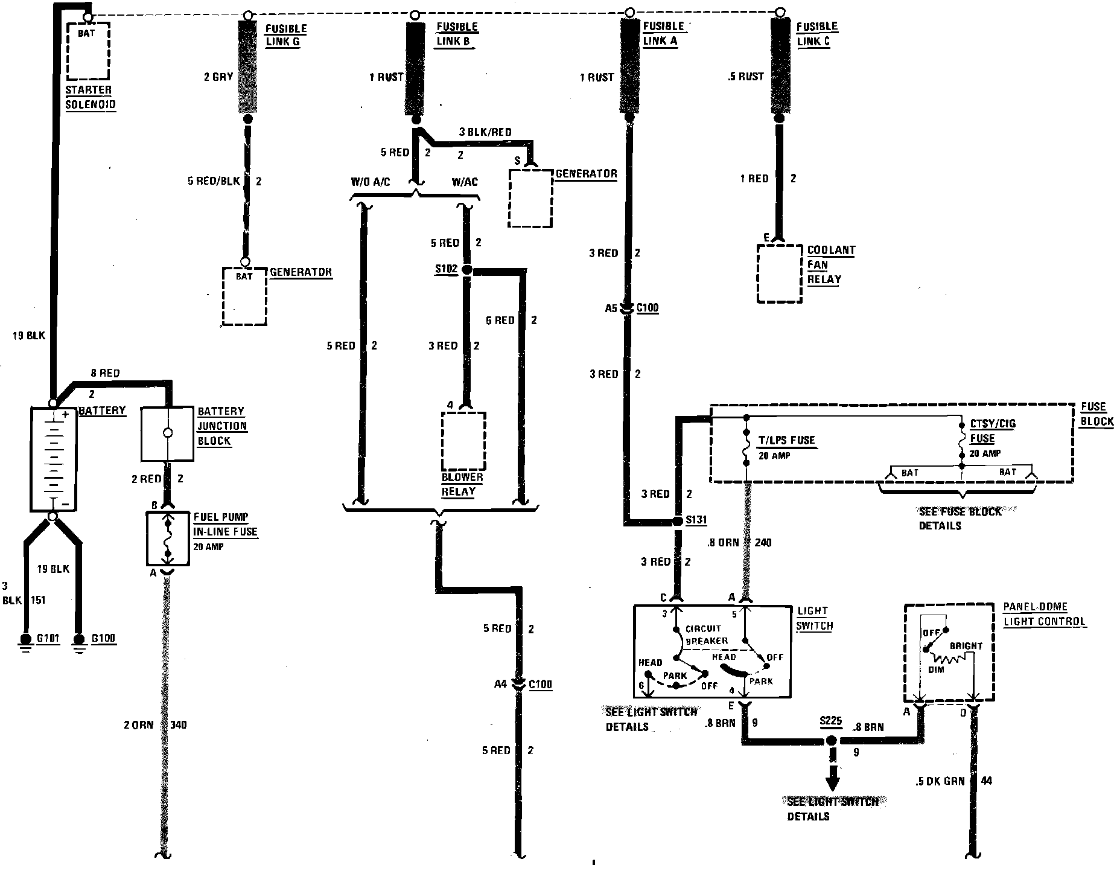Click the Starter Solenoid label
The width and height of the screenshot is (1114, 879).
coord(90,97)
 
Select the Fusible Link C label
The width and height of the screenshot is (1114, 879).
coord(817,34)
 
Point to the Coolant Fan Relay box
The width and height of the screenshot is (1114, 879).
coord(780,273)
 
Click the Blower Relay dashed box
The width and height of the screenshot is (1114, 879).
coord(463,441)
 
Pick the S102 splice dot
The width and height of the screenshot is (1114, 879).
coord(466,270)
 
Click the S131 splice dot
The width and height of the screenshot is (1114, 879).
coord(678,520)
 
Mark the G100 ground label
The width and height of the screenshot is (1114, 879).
coord(103,639)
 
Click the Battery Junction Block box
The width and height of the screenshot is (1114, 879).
coord(168,433)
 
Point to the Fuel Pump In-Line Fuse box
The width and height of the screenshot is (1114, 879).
coord(168,539)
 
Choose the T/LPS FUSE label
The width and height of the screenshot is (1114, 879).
coord(786,440)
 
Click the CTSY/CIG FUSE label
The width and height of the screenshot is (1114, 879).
coord(991,431)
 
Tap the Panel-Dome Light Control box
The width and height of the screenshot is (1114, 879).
coord(948,653)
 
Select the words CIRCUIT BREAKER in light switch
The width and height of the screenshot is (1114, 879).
coord(707,634)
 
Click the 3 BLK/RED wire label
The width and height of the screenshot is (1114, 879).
coord(485,132)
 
